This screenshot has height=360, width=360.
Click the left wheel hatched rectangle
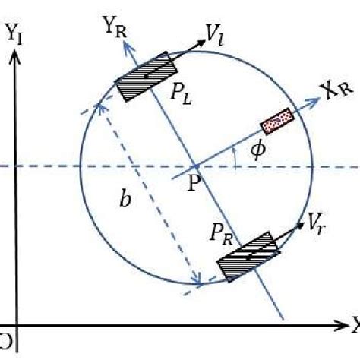click(144, 77)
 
